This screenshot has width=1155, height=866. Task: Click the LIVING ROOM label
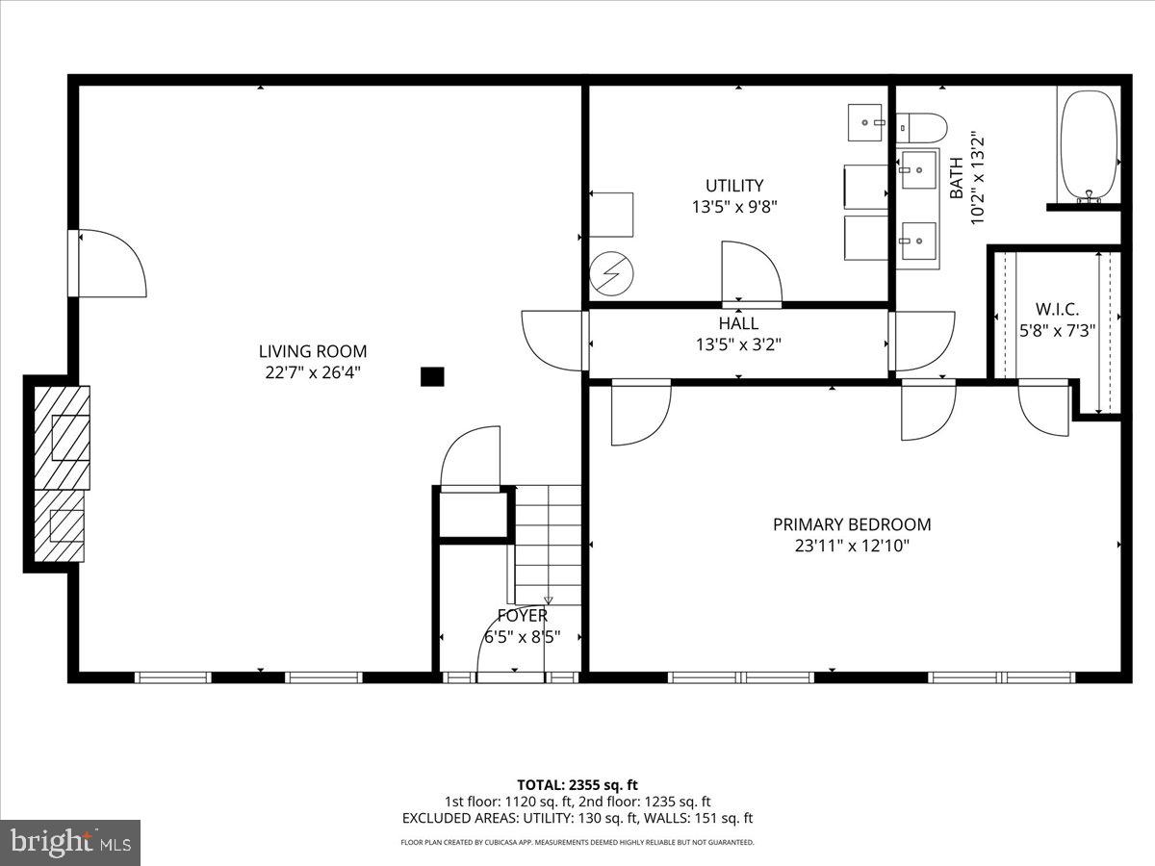312,352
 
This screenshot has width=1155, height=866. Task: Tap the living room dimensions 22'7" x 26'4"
312,372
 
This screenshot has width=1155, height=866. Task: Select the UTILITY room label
733,186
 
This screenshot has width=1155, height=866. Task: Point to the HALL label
738,324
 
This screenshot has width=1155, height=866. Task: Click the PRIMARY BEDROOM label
852,525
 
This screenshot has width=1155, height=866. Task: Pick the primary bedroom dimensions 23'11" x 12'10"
852,546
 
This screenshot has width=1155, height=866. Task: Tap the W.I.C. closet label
1057,310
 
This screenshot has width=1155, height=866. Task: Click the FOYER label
523,616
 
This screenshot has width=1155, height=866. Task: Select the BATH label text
957,178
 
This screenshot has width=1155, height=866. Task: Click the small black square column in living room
432,377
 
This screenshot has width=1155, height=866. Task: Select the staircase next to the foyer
549,544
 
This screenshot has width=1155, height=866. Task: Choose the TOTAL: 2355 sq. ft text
577,784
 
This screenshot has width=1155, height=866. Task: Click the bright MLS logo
70,842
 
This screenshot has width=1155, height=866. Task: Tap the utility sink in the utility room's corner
865,122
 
